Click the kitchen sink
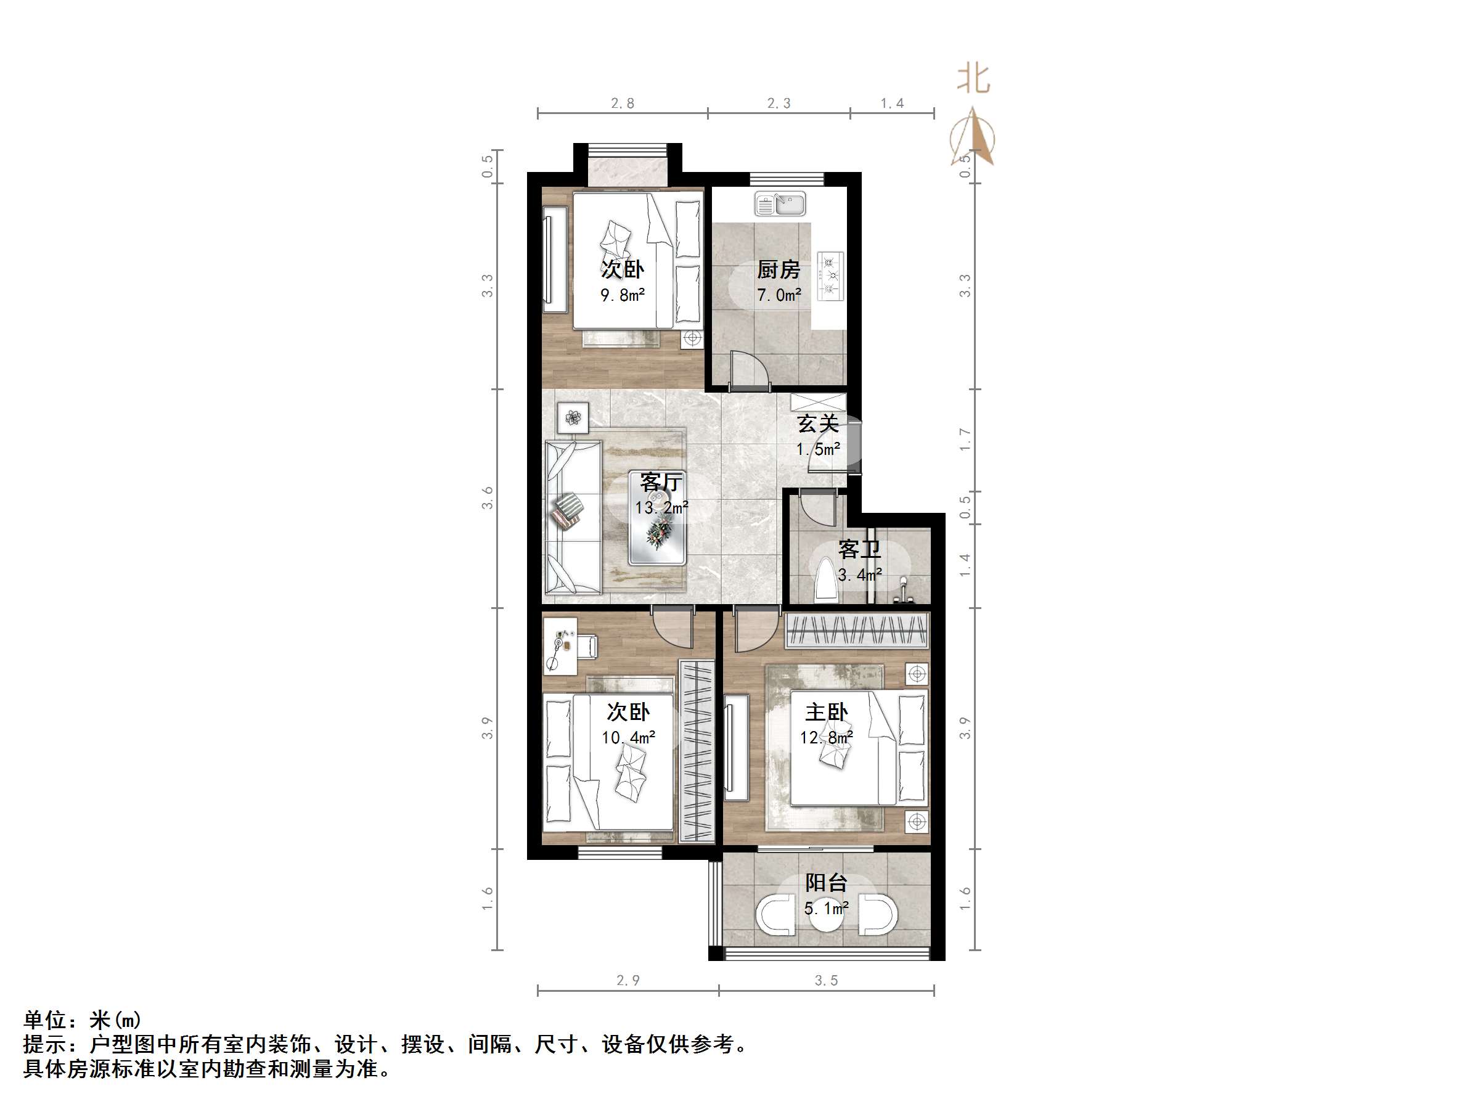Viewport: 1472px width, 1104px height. click(780, 203)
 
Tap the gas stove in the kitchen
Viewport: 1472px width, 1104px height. click(830, 274)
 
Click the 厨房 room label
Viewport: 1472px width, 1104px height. click(779, 269)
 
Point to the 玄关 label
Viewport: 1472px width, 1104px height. click(818, 423)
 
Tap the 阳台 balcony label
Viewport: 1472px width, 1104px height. click(826, 883)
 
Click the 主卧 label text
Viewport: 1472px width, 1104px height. click(827, 712)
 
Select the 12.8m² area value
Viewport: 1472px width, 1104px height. click(827, 737)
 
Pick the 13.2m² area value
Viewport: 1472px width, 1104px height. click(661, 508)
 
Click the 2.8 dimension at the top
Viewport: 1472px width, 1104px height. click(622, 103)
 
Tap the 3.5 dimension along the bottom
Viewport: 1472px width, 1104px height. click(826, 980)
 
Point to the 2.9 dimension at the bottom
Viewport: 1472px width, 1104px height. click(628, 980)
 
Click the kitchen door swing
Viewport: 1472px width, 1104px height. click(749, 368)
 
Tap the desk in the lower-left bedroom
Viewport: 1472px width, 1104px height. click(560, 645)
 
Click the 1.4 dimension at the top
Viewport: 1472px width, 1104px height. click(892, 103)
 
